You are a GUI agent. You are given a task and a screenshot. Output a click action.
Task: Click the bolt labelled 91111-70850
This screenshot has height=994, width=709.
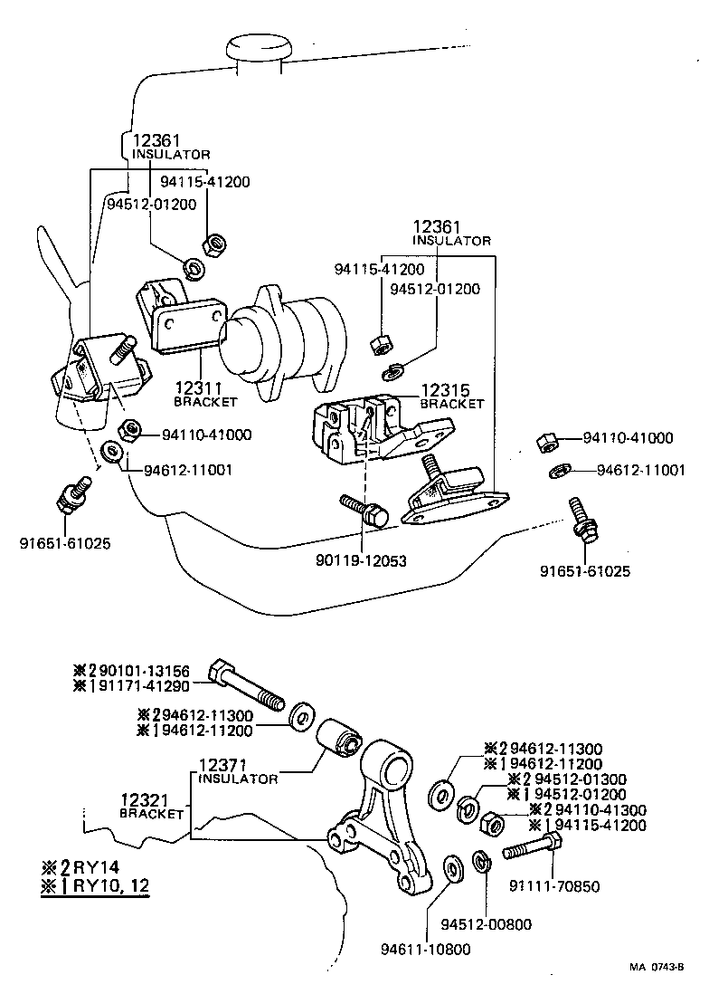[x=533, y=849]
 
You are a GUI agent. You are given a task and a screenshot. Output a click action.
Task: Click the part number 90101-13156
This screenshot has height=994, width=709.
[x=145, y=671]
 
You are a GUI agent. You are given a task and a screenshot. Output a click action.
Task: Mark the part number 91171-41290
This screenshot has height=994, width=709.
[x=145, y=685]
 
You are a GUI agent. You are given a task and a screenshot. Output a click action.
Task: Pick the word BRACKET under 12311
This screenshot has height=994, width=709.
[x=204, y=401]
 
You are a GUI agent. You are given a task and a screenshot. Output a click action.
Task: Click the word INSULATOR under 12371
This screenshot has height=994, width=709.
[x=238, y=779]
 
